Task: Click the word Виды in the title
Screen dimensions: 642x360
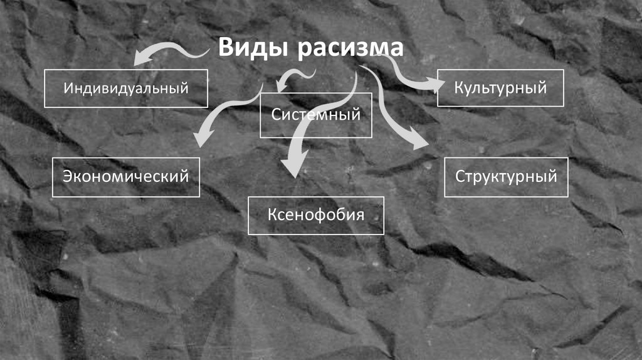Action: (253, 49)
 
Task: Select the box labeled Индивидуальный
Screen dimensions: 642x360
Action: (126, 88)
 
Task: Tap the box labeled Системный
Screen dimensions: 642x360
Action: (316, 115)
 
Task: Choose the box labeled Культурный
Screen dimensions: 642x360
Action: (500, 87)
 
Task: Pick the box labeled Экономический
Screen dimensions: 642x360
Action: (126, 177)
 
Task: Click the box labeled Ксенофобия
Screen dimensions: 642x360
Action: (316, 215)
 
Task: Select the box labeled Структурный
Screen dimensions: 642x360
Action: (506, 177)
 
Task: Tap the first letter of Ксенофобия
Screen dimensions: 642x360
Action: (272, 215)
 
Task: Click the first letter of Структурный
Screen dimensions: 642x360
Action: (460, 177)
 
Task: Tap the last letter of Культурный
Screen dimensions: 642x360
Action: (542, 87)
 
